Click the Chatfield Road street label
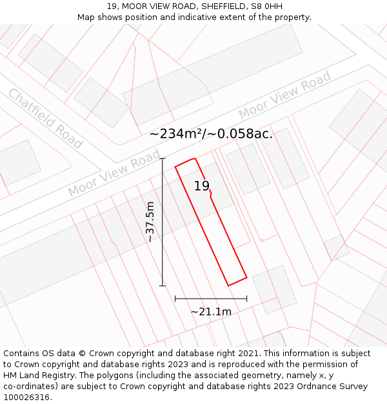pos(45,118)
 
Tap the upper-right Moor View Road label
pos(284,96)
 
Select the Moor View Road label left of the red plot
pos(114,173)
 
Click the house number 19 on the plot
pos(202,186)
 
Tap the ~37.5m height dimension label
pos(150,221)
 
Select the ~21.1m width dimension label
pos(211,312)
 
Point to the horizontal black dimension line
pos(211,299)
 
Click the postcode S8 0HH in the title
pos(266,6)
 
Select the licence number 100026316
pos(27,398)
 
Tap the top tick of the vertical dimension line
pos(163,158)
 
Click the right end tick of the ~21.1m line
pos(246,299)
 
